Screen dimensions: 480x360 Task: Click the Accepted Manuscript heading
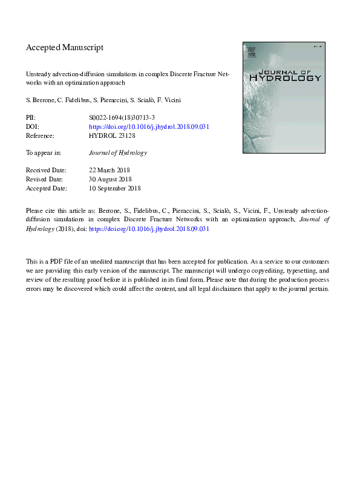point(65,47)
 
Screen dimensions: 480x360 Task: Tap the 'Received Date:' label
point(46,170)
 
